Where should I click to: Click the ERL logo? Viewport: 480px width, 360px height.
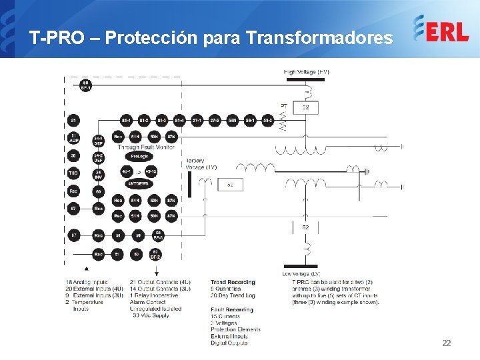[x=441, y=29]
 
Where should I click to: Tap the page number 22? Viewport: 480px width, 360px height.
[x=446, y=343]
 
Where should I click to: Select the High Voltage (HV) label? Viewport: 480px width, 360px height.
[x=307, y=72]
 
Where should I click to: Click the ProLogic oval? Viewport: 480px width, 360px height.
[x=139, y=155]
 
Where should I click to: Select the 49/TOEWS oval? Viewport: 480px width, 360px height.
[x=139, y=183]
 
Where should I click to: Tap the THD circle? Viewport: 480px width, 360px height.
[x=73, y=173]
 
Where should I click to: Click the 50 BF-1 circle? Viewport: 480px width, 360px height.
[x=85, y=85]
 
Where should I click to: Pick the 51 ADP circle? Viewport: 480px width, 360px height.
[x=73, y=138]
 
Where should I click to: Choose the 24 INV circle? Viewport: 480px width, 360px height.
[x=99, y=173]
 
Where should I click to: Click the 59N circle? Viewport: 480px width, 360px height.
[x=232, y=121]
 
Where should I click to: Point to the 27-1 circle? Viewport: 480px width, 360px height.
[x=197, y=121]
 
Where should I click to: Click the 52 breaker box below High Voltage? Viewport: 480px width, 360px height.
[x=306, y=107]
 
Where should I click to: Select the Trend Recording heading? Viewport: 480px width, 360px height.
[x=233, y=282]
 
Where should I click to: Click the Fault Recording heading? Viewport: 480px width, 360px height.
[x=232, y=309]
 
